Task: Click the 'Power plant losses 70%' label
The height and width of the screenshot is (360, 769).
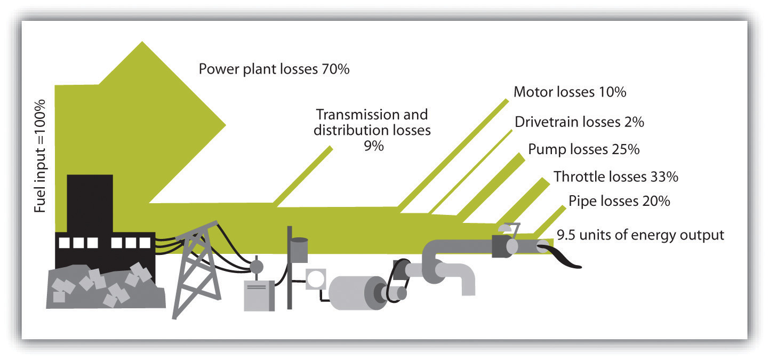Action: pos(274,69)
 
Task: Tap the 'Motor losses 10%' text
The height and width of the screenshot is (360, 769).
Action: pos(570,92)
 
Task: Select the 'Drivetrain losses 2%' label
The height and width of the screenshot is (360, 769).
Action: pos(579,122)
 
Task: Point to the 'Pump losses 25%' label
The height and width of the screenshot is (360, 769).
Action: pos(583,149)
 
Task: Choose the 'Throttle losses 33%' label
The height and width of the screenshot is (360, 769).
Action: pos(616,177)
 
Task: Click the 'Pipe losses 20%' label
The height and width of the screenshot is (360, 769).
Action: pos(619,201)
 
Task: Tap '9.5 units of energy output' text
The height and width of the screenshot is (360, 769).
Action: pos(640,235)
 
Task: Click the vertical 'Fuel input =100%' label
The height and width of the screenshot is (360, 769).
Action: pos(40,156)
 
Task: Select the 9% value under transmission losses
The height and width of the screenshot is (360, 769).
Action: pos(373,146)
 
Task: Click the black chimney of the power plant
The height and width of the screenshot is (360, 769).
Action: pos(90,203)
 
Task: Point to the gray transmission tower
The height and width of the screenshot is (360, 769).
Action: pos(197,269)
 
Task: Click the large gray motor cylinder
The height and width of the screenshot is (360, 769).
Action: pos(357,293)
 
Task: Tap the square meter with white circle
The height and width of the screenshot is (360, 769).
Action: pos(316,279)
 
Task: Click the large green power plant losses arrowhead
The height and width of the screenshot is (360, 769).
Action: pos(162,122)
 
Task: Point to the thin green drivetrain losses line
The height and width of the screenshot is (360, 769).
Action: pos(470,172)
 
